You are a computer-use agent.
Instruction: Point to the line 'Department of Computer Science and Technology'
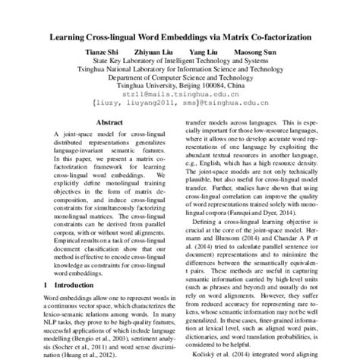point(180,76)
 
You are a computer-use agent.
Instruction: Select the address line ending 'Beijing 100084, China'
point(180,85)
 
